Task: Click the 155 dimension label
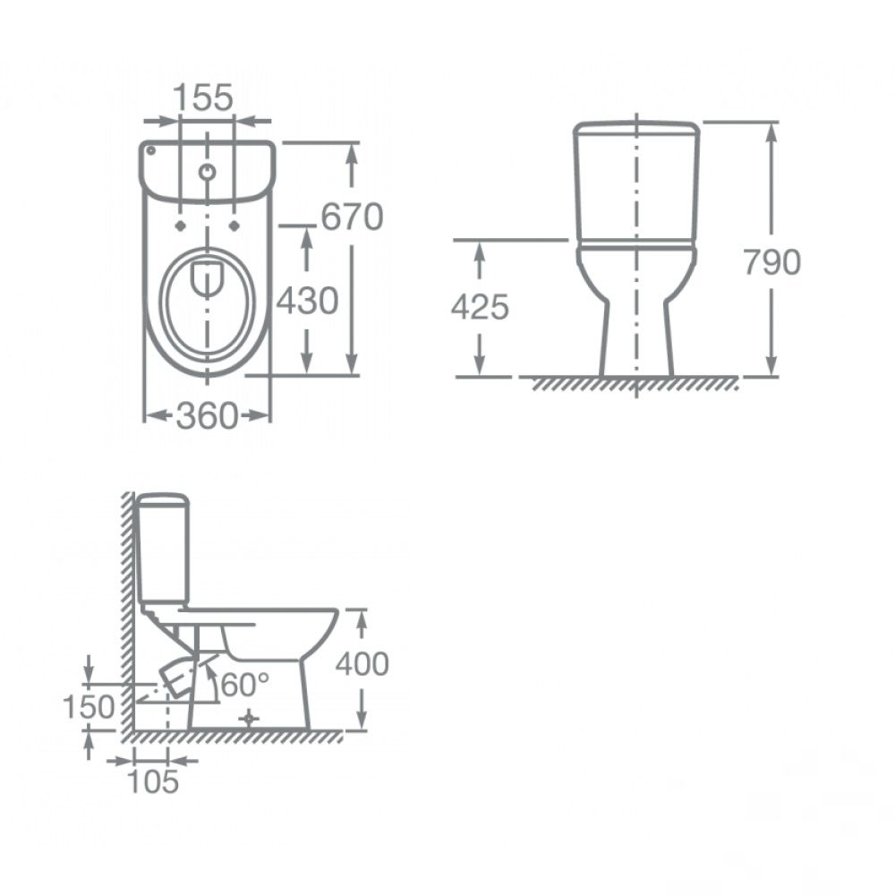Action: (x=203, y=97)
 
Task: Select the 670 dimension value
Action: (x=352, y=217)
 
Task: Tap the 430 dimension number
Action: (x=308, y=301)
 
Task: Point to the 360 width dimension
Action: (x=206, y=415)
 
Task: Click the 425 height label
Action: (x=480, y=307)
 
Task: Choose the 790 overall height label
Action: (x=772, y=262)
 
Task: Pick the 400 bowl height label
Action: (x=362, y=664)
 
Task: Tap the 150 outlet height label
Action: (x=89, y=707)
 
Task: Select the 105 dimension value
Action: (x=153, y=781)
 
